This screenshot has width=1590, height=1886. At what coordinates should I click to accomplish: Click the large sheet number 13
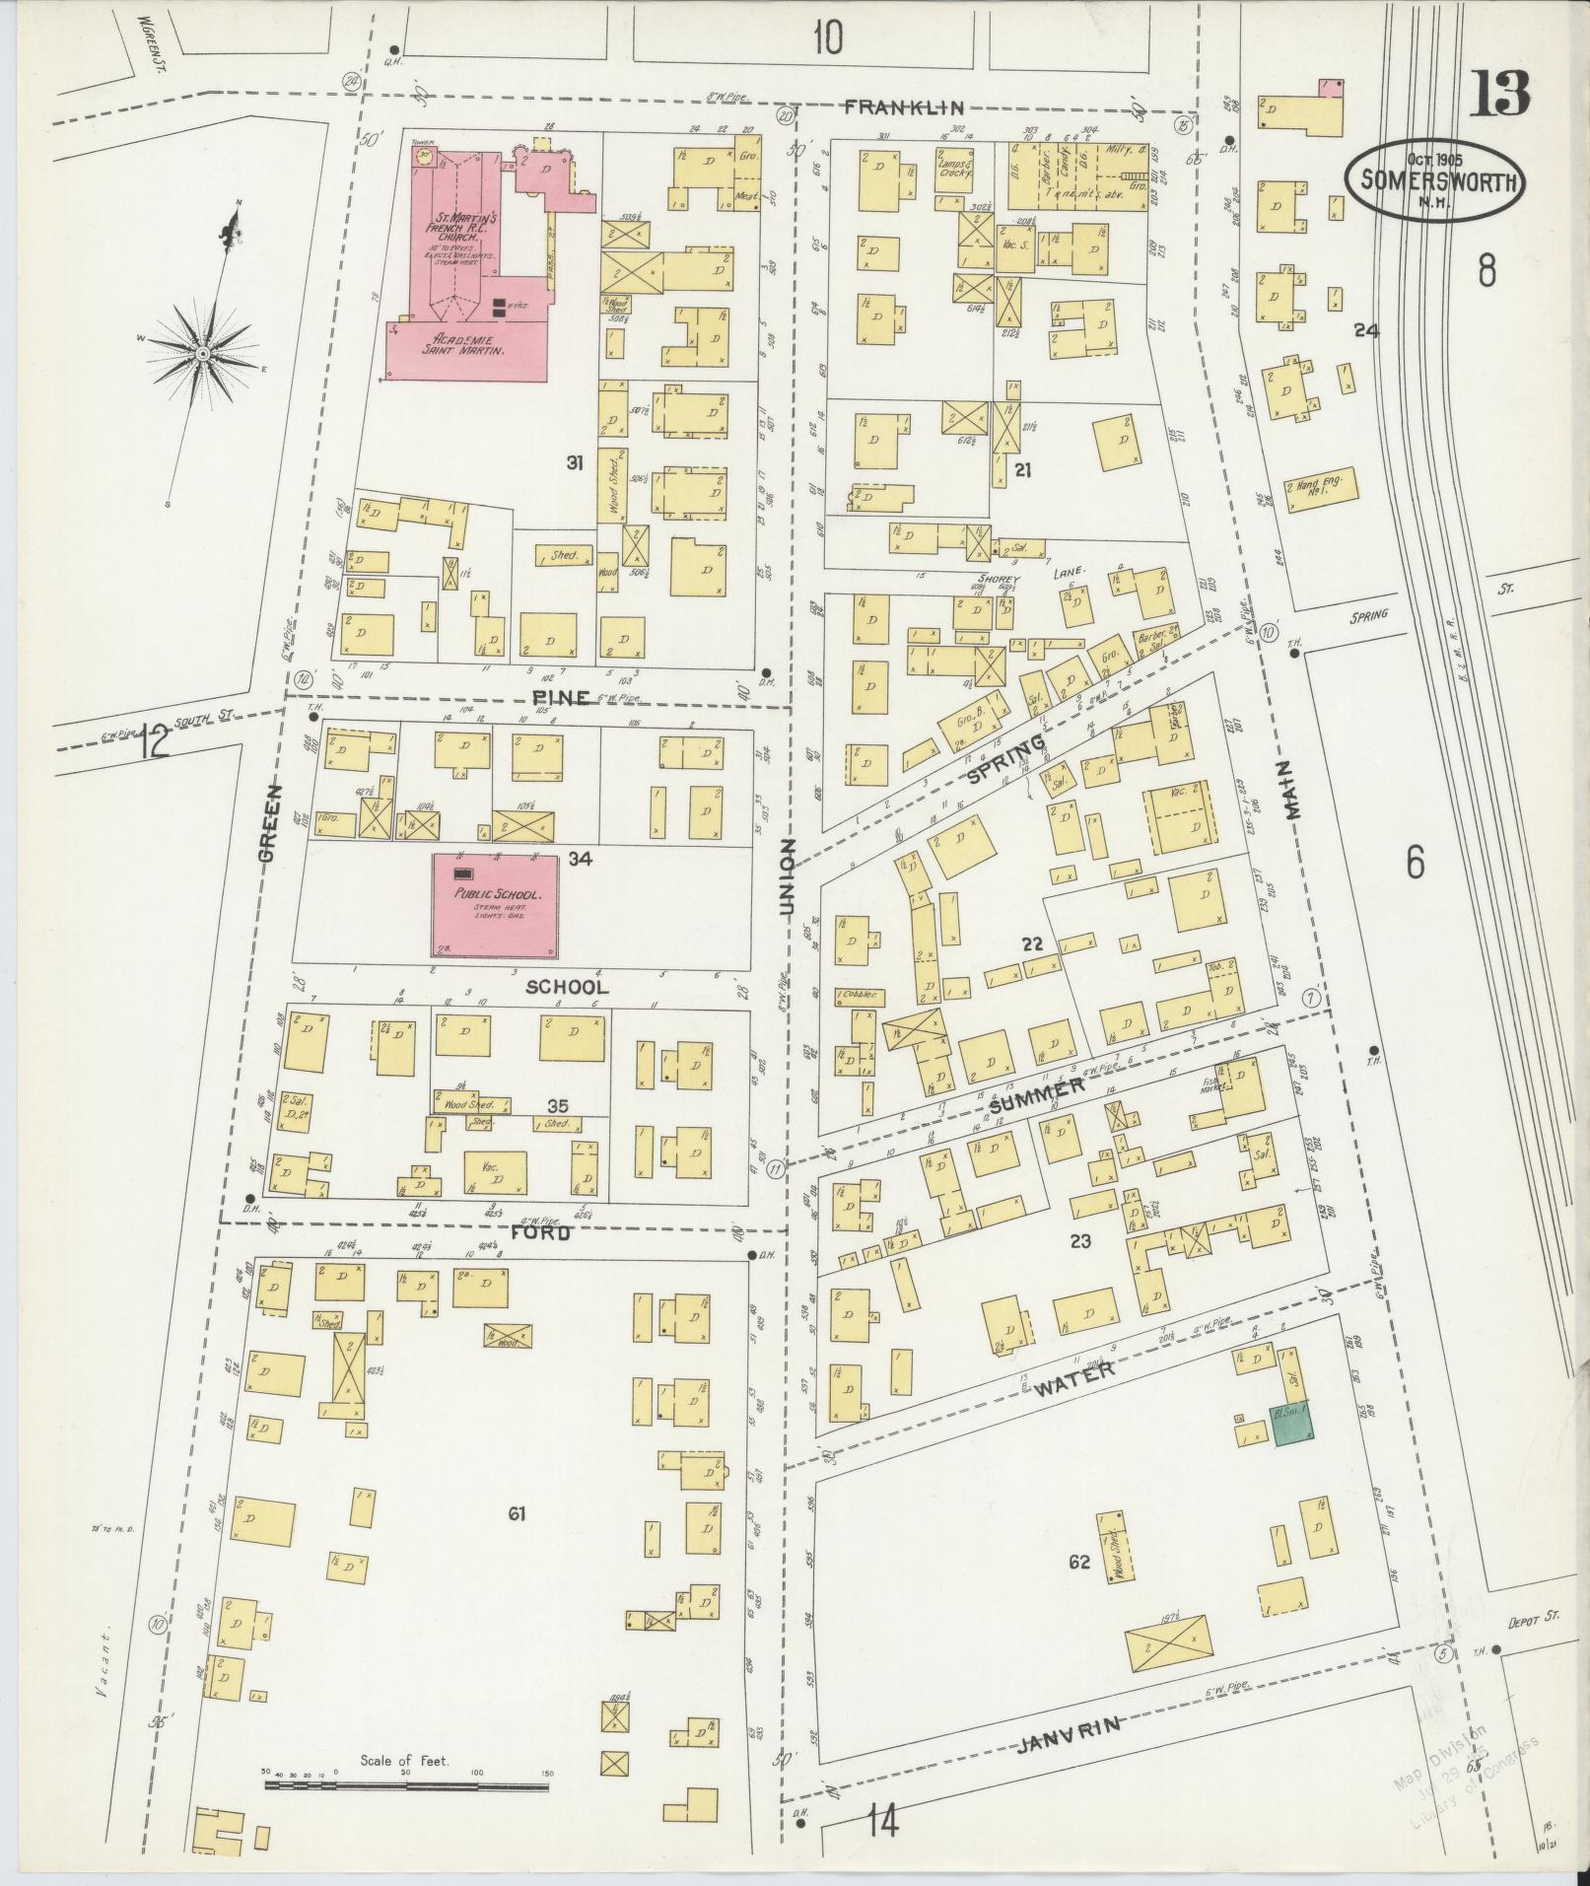(x=1502, y=95)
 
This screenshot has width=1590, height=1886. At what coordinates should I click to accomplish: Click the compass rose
(x=202, y=352)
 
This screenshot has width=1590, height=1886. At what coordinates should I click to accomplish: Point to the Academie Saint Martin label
(x=464, y=344)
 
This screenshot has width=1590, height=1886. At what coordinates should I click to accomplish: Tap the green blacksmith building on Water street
(x=1289, y=1425)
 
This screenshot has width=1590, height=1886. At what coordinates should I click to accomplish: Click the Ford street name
(x=541, y=1232)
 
